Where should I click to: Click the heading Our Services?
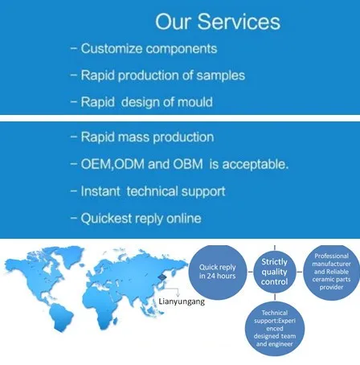tap(218, 22)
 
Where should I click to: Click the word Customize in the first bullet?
tap(112, 49)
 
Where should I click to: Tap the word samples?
tap(221, 76)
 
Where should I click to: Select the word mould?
tap(195, 102)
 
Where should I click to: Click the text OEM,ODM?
tap(112, 164)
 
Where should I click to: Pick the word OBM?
tap(188, 164)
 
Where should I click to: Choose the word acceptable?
tap(256, 164)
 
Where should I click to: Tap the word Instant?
tap(100, 191)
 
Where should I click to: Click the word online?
tap(184, 219)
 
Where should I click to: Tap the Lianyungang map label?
tap(182, 301)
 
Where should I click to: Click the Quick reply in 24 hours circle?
tap(218, 272)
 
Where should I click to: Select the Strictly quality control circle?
tap(275, 272)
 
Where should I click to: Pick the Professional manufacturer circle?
tap(331, 272)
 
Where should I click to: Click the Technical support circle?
tap(275, 329)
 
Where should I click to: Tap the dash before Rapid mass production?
tap(74, 137)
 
